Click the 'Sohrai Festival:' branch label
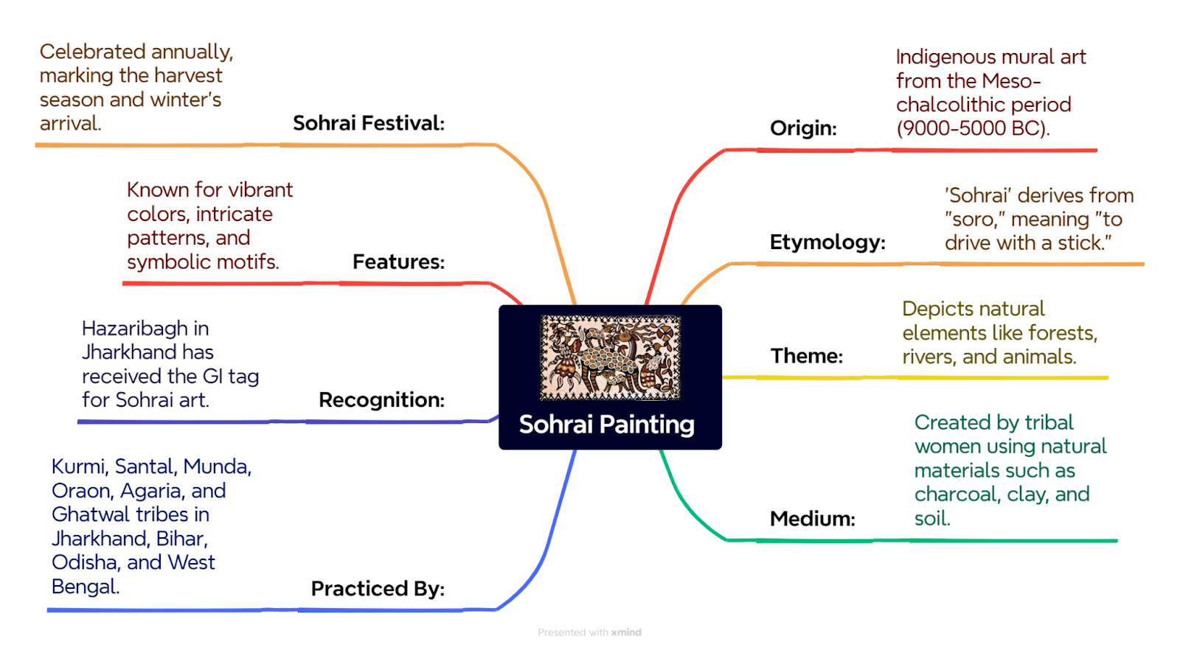(x=369, y=123)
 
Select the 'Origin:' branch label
(x=803, y=128)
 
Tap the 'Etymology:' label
(x=827, y=242)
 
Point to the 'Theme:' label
(x=807, y=356)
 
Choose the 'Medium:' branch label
(x=812, y=519)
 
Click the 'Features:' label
(x=399, y=262)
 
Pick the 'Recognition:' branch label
(x=382, y=400)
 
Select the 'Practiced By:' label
(x=378, y=588)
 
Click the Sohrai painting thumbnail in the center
(x=611, y=357)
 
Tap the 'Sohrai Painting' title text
(x=607, y=424)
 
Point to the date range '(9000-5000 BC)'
(x=973, y=128)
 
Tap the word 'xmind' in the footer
(x=626, y=632)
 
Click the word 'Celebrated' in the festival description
(x=92, y=52)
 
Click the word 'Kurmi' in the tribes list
(x=80, y=467)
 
